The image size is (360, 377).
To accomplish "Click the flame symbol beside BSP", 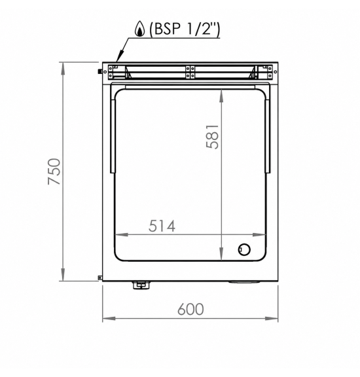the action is point(139,29).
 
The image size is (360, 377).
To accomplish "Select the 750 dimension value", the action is point(54,171).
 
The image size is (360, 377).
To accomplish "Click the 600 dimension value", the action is point(190,309).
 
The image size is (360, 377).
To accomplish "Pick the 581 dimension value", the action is point(213,136).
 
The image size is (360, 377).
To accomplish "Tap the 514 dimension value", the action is point(162,226).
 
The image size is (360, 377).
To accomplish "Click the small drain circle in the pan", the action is point(244,249).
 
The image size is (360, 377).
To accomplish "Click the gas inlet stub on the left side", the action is point(99,71).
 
